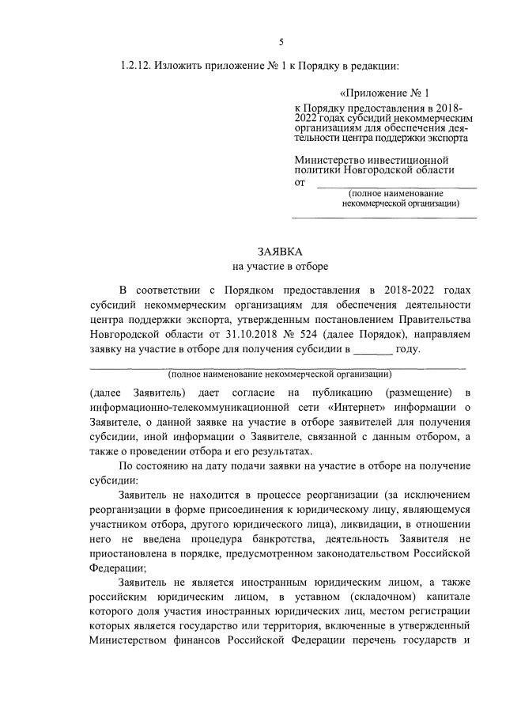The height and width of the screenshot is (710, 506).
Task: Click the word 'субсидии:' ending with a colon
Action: pyautogui.click(x=114, y=480)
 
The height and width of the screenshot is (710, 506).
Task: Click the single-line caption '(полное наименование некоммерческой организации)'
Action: pyautogui.click(x=280, y=373)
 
